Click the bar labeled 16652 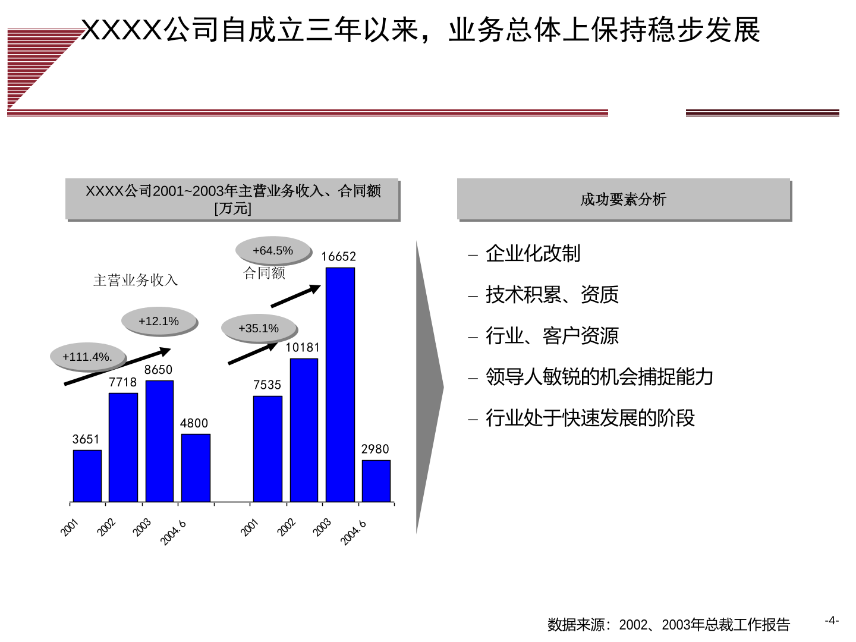pyautogui.click(x=340, y=385)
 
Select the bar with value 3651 pyautogui.click(x=87, y=476)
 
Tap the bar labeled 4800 pyautogui.click(x=196, y=468)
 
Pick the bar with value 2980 pyautogui.click(x=376, y=481)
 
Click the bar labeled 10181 pyautogui.click(x=304, y=430)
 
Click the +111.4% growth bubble pyautogui.click(x=88, y=357)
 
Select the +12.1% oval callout pyautogui.click(x=159, y=321)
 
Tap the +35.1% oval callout pyautogui.click(x=259, y=328)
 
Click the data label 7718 pyautogui.click(x=123, y=382)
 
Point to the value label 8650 pyautogui.click(x=158, y=370)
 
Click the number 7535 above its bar pyautogui.click(x=267, y=385)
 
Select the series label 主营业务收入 pyautogui.click(x=136, y=280)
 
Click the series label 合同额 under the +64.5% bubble pyautogui.click(x=265, y=273)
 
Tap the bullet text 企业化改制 pyautogui.click(x=533, y=253)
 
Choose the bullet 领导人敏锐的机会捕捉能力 pyautogui.click(x=599, y=376)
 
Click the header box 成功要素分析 pyautogui.click(x=624, y=199)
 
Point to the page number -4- pyautogui.click(x=832, y=620)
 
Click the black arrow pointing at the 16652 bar pyautogui.click(x=295, y=296)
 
